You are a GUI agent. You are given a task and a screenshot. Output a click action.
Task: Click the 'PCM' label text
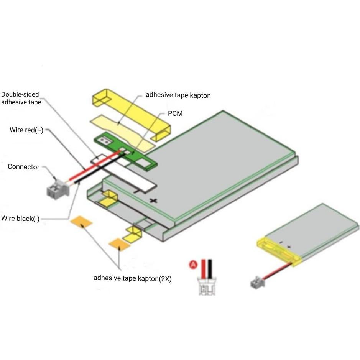[175, 114]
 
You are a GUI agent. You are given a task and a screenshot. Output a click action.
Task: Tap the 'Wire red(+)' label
[26, 130]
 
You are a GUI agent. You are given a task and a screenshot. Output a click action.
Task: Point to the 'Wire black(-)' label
[20, 219]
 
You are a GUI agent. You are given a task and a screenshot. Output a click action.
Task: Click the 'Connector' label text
[23, 167]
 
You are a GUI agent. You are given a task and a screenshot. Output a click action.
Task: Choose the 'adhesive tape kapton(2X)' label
[132, 278]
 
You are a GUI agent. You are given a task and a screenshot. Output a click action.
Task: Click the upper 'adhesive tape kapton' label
[178, 95]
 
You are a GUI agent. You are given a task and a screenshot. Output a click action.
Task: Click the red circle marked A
[194, 264]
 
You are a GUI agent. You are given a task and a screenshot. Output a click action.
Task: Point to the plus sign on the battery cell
[154, 200]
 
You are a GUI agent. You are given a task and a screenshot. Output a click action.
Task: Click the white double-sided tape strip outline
[142, 180]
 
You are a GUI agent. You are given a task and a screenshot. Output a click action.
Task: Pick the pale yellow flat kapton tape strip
[123, 130]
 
